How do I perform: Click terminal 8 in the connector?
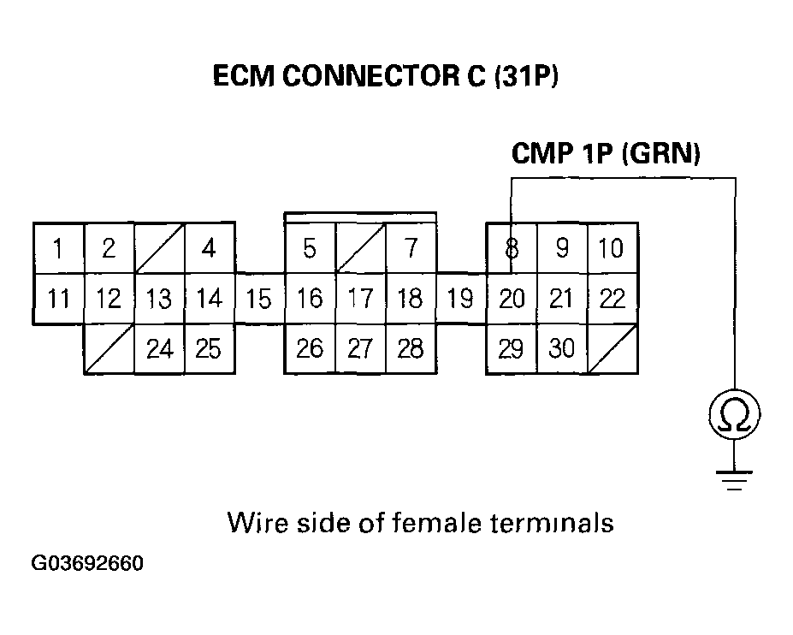click(511, 248)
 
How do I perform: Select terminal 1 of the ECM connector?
click(58, 248)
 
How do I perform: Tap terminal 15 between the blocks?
click(259, 299)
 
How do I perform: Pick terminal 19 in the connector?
click(461, 299)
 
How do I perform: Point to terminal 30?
click(561, 349)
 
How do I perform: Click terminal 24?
click(159, 349)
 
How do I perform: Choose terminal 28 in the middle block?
click(411, 349)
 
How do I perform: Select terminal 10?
click(612, 248)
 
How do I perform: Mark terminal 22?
click(612, 299)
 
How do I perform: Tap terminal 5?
click(310, 248)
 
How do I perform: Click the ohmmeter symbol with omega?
click(734, 416)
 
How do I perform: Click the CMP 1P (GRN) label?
click(606, 154)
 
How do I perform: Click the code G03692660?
click(87, 565)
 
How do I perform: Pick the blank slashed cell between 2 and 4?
click(159, 248)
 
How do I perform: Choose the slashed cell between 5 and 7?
click(360, 248)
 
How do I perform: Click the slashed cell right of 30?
click(612, 349)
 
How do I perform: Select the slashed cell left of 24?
click(109, 349)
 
